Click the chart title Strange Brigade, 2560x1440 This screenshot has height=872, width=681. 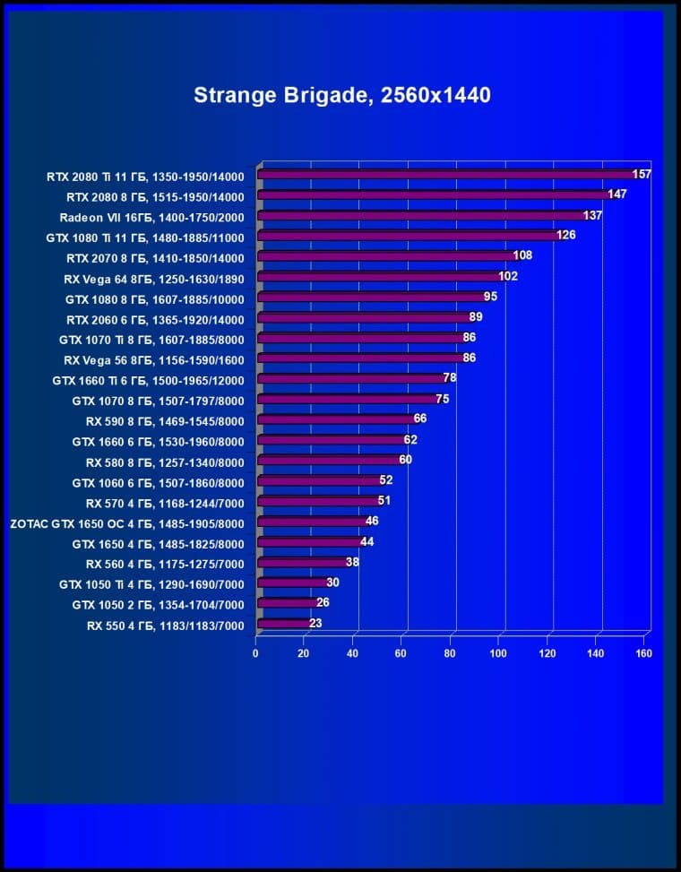click(341, 95)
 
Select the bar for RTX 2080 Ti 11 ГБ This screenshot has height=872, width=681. click(448, 174)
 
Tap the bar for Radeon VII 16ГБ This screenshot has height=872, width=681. click(421, 215)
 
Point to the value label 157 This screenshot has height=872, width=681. click(642, 174)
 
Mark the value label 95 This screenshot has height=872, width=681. click(490, 297)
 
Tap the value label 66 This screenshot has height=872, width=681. click(420, 419)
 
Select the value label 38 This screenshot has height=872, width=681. click(352, 562)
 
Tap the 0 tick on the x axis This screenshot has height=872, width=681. click(255, 653)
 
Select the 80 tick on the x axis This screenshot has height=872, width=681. click(450, 653)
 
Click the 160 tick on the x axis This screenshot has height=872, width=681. click(643, 653)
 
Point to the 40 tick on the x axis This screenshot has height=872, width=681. click(353, 653)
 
